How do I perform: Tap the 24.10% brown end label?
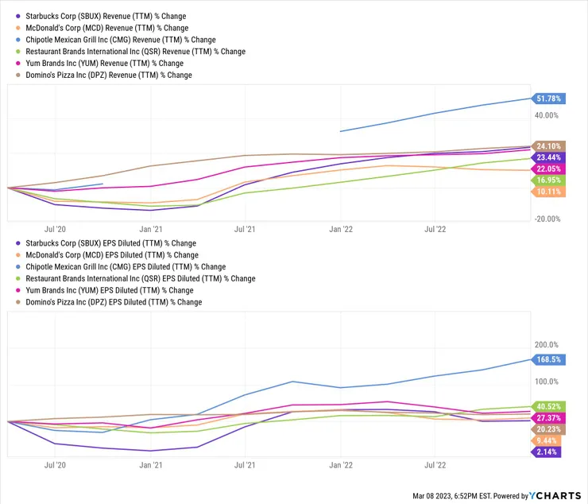(x=547, y=146)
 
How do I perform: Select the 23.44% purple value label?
(x=547, y=157)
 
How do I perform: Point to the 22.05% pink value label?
(x=547, y=169)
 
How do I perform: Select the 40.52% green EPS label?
(x=547, y=406)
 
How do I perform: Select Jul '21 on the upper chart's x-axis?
(x=246, y=227)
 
